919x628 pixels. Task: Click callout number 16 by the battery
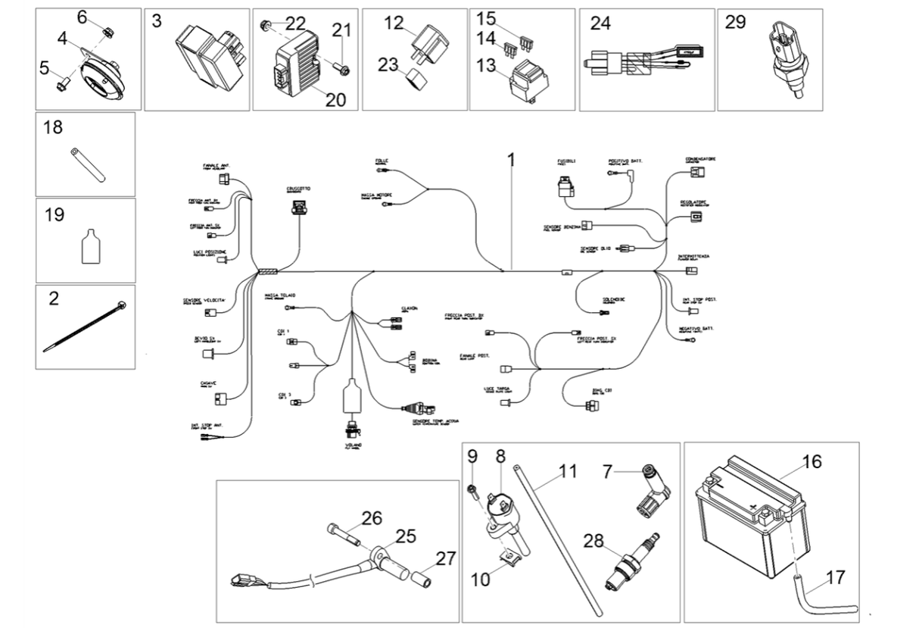pyautogui.click(x=811, y=462)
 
